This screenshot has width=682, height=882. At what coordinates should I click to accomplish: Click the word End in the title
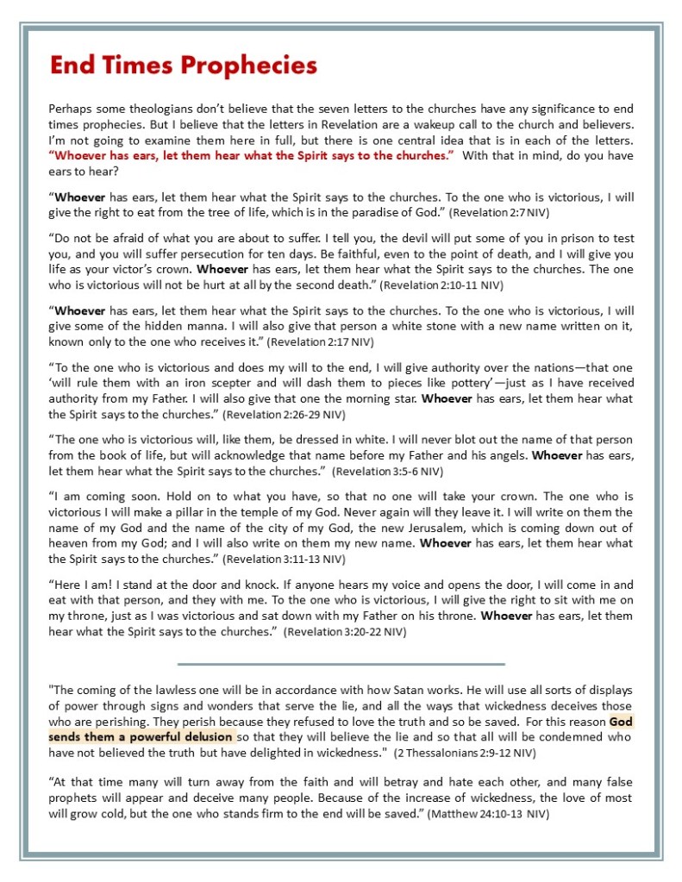tap(68, 65)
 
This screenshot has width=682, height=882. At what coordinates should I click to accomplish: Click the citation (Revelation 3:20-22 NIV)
tap(347, 632)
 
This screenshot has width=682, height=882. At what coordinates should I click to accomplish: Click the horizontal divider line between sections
tap(341, 664)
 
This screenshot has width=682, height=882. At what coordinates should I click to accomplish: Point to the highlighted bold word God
tap(621, 722)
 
